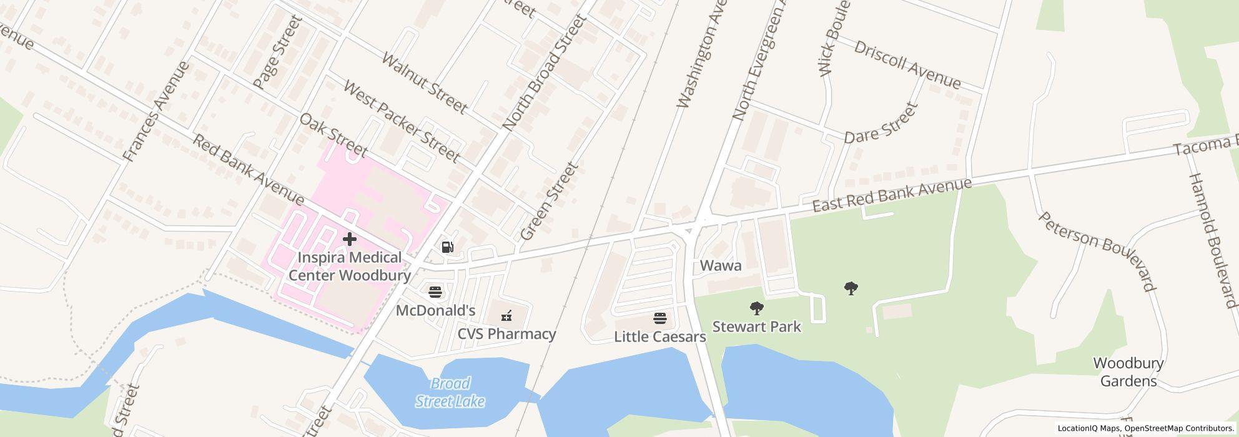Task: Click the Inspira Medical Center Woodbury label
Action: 350,266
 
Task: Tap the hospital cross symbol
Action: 350,238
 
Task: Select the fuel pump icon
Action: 447,247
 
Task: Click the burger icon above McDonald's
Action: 435,292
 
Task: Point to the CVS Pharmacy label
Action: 506,334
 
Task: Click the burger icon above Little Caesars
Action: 660,318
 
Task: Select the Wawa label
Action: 721,265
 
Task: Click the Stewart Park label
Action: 756,327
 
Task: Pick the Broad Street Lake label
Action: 450,392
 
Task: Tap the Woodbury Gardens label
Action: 1128,372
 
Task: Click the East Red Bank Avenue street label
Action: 892,195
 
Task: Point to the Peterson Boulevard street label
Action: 1097,250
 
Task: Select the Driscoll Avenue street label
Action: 907,65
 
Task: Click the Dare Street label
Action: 881,123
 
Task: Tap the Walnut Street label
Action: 424,84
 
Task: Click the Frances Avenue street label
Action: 156,111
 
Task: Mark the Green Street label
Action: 550,201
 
